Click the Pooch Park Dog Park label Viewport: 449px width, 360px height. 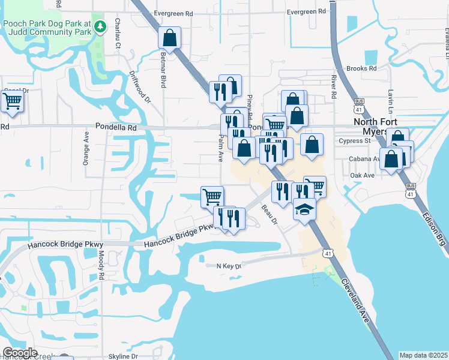coord(47,26)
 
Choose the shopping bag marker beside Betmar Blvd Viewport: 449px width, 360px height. coord(170,38)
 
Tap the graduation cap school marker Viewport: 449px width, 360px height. coord(304,210)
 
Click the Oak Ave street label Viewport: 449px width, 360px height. coord(362,175)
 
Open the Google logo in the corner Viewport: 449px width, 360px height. coord(20,353)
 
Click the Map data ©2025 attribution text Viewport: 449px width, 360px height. coord(423,355)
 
